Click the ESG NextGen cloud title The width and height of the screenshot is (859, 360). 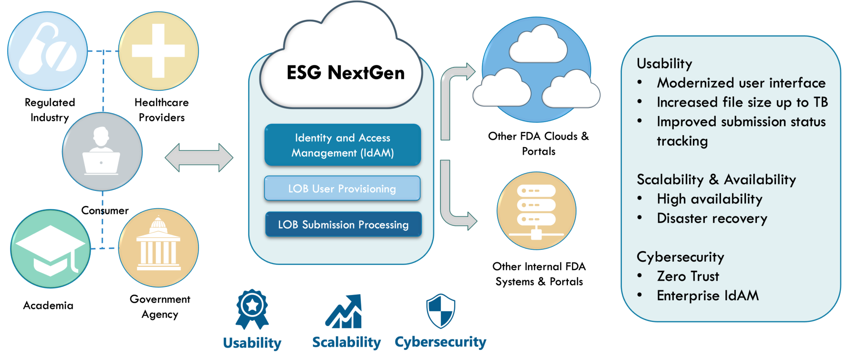pyautogui.click(x=346, y=73)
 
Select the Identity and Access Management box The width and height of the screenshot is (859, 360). pyautogui.click(x=343, y=145)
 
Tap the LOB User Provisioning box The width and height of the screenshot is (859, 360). pyautogui.click(x=342, y=189)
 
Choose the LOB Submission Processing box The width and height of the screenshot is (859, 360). pyautogui.click(x=343, y=224)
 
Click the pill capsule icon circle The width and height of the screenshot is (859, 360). pyautogui.click(x=47, y=51)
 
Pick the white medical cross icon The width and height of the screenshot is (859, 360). pyautogui.click(x=158, y=51)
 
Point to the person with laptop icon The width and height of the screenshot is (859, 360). pyautogui.click(x=102, y=152)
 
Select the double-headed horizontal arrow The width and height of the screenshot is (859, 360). pyautogui.click(x=199, y=158)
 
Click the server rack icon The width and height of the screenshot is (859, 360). pyautogui.click(x=536, y=211)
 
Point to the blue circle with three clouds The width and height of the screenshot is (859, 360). pyautogui.click(x=536, y=70)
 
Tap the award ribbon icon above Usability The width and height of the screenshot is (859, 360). pyautogui.click(x=252, y=309)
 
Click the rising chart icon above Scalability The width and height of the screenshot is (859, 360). pyautogui.click(x=344, y=311)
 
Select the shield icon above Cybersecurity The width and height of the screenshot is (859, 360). pyautogui.click(x=440, y=311)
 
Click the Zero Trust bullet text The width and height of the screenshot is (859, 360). pyautogui.click(x=688, y=276)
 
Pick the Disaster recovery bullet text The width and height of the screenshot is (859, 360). pyautogui.click(x=712, y=218)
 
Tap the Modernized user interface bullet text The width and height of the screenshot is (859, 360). pyautogui.click(x=741, y=83)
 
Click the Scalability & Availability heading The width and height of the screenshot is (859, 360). pyautogui.click(x=716, y=180)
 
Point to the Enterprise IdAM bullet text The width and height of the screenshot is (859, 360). pyautogui.click(x=707, y=296)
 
